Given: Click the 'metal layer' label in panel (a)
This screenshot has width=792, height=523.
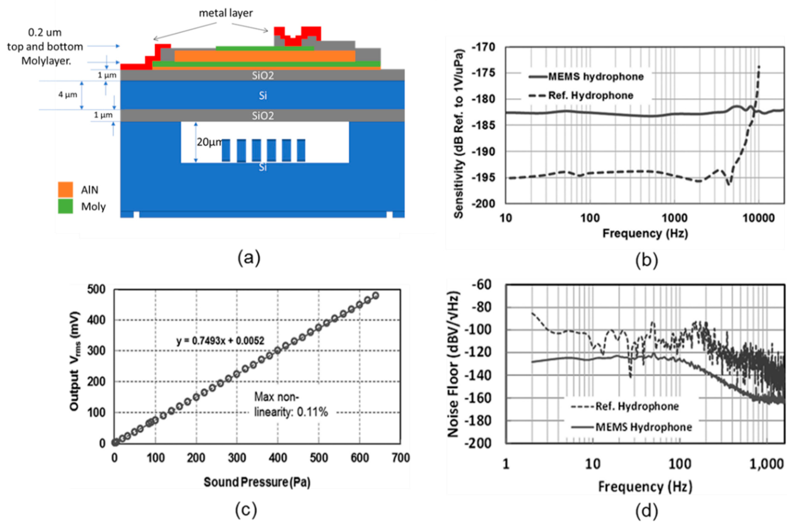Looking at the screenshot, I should pyautogui.click(x=226, y=13).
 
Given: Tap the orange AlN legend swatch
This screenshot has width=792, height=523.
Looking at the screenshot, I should pyautogui.click(x=65, y=189).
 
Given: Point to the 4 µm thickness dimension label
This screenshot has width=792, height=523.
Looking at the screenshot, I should pyautogui.click(x=68, y=95).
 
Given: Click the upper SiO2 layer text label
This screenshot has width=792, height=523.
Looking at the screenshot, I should pyautogui.click(x=263, y=75).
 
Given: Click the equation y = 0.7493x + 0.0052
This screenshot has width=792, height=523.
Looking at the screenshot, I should pyautogui.click(x=220, y=341).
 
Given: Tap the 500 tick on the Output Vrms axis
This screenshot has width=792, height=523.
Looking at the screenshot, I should pyautogui.click(x=96, y=290).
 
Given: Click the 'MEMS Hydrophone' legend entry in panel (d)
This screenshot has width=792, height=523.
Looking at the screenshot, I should pyautogui.click(x=643, y=427).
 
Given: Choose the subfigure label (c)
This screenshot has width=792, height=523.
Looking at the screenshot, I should pyautogui.click(x=246, y=510).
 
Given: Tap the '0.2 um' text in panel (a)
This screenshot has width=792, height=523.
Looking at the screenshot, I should pyautogui.click(x=45, y=32).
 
